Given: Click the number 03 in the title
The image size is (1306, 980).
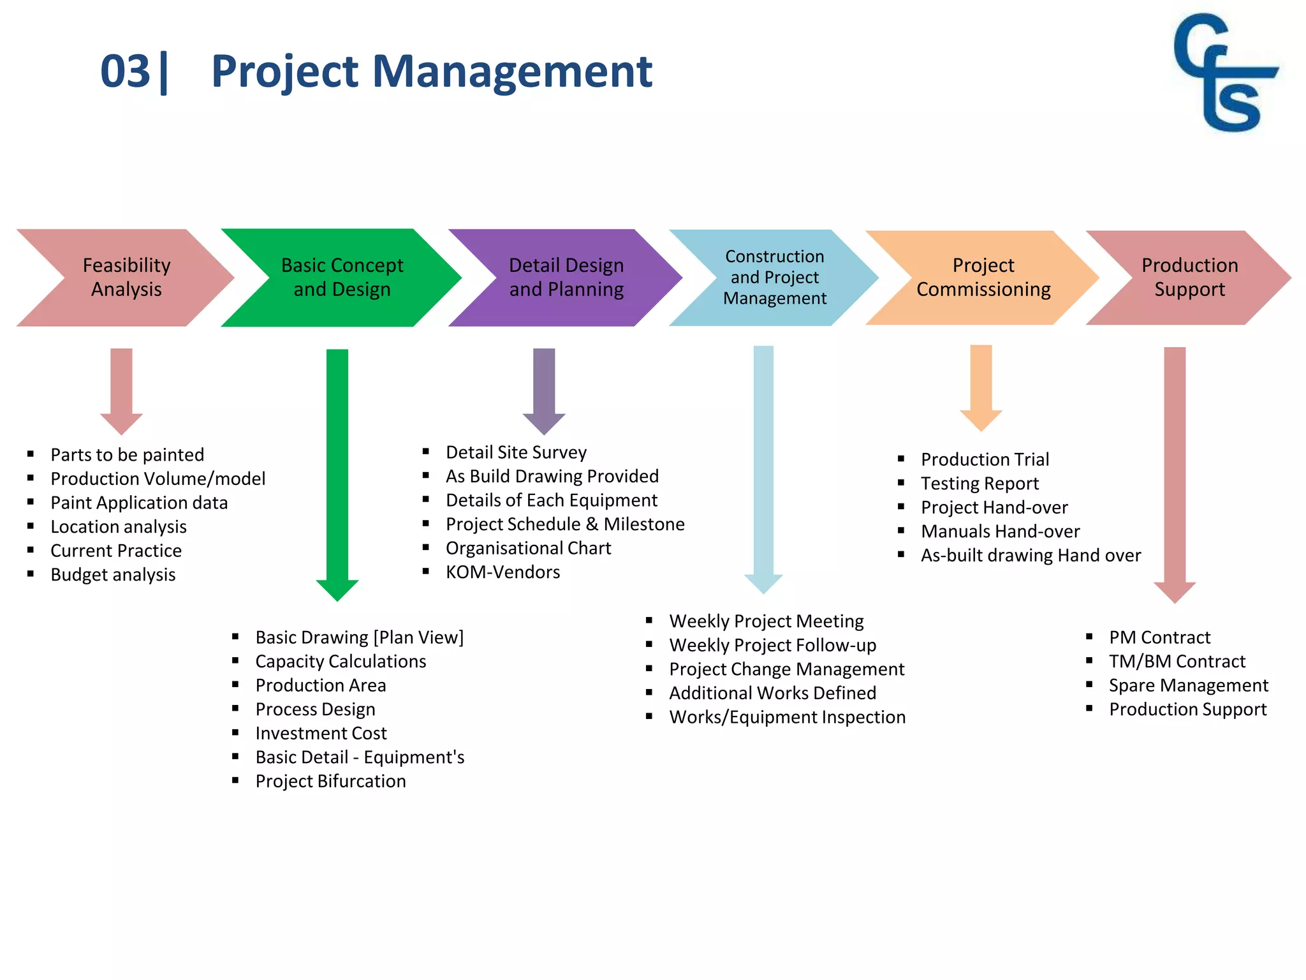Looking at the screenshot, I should (125, 71).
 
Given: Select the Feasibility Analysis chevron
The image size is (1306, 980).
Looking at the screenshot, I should (126, 278).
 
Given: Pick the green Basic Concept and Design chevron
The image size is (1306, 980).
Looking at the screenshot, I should (342, 278).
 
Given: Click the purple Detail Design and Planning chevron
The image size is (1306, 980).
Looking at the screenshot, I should (566, 278).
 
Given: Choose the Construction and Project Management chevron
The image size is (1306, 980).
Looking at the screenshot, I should (774, 278).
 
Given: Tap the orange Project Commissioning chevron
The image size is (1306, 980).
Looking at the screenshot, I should (983, 278).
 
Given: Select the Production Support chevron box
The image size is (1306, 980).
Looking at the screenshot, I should (1189, 278).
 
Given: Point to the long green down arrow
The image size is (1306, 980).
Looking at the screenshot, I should (337, 472).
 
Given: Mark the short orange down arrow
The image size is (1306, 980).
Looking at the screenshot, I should (981, 387).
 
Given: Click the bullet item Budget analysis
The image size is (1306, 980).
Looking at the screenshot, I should (113, 575).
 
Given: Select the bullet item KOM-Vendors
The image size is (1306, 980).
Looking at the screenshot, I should (503, 572).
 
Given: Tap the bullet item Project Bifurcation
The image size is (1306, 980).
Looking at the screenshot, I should (330, 782).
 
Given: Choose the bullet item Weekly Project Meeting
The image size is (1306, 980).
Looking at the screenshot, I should (766, 621).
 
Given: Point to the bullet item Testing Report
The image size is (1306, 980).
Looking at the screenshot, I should (979, 484).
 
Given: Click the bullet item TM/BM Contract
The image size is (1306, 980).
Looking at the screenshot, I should (1177, 662).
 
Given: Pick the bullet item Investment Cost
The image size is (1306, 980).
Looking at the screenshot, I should (321, 734).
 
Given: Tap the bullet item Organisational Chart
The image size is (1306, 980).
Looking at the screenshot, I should (528, 548).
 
